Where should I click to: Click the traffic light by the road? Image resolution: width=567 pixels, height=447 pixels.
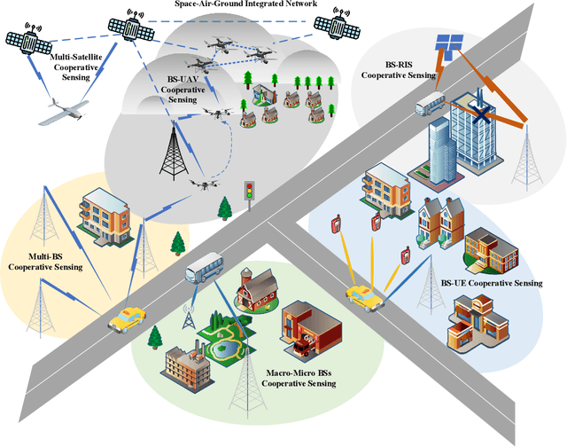click(250, 192)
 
